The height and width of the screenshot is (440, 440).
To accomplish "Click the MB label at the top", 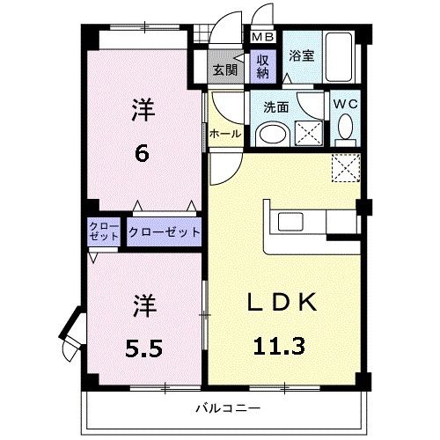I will coord(263,38).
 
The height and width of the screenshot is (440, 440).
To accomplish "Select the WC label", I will coord(345,104).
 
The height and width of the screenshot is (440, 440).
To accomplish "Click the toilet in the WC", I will coord(346,131).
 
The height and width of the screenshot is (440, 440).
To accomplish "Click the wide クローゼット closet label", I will coord(165,233).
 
